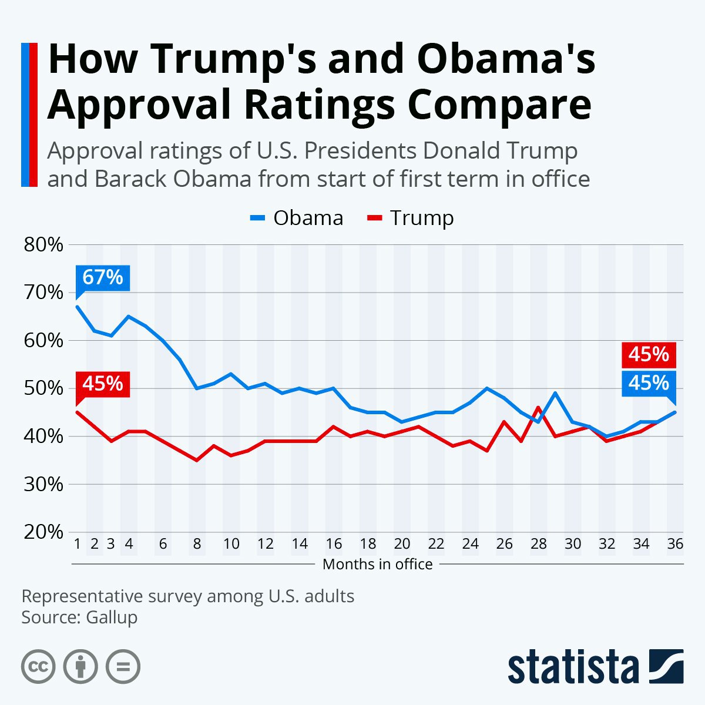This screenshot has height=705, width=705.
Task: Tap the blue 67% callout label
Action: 103,277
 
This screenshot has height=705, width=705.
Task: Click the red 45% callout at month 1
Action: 103,384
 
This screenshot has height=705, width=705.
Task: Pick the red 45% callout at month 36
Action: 649,355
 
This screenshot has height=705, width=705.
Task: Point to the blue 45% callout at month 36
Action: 649,383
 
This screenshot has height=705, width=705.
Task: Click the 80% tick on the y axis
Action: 43,244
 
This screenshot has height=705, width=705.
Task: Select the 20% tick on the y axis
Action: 43,532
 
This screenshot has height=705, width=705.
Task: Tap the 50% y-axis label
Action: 43,388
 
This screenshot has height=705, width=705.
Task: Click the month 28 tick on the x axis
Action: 538,544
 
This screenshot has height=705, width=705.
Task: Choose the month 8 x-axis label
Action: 197,544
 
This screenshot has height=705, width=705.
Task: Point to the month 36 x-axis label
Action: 675,544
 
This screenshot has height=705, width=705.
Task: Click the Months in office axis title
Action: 378,565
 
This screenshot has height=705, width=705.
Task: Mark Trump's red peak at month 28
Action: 539,407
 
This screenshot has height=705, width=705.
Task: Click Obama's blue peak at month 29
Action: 555,393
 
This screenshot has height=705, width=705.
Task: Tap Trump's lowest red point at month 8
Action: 197,460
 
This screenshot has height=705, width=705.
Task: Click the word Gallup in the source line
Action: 112,617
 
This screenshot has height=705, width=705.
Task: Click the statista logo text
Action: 573,667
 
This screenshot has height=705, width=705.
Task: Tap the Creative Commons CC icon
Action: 38,667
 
